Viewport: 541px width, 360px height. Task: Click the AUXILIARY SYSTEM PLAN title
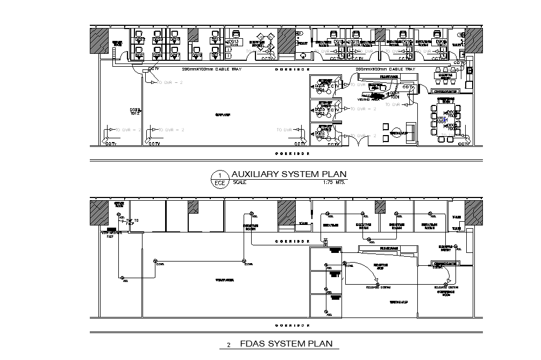click(289, 174)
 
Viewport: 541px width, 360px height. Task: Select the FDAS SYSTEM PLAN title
click(286, 344)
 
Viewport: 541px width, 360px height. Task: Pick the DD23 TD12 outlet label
click(135, 111)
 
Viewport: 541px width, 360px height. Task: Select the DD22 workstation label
click(139, 40)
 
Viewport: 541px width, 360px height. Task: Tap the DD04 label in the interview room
click(319, 86)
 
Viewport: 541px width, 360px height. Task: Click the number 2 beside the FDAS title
click(229, 345)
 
